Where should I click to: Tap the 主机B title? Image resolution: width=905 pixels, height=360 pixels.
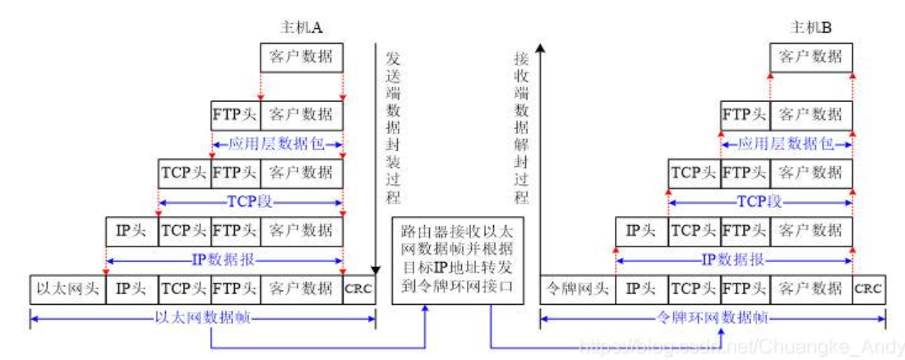pos(810,27)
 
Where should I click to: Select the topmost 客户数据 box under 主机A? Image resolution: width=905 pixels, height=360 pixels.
pos(301,57)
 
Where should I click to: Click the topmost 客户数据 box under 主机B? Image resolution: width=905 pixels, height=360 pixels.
pos(810,57)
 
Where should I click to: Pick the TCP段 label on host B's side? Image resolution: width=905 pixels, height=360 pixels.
pos(760,201)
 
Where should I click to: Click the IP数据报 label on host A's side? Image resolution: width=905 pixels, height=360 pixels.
pos(224,259)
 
